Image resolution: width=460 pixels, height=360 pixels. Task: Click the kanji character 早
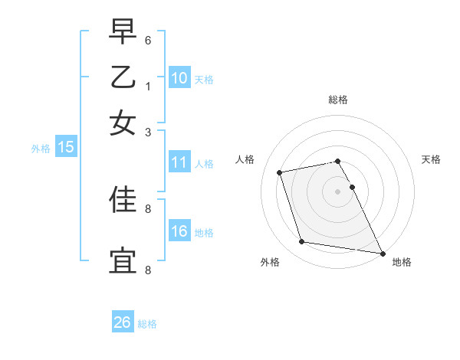point(123,31)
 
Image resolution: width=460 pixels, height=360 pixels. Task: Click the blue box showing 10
point(179,77)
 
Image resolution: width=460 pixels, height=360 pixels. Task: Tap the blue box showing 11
point(179,162)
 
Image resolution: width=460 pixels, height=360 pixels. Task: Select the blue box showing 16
point(179,231)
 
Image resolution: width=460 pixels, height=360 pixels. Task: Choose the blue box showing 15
point(66,148)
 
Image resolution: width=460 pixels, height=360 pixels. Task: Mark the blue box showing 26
point(122,322)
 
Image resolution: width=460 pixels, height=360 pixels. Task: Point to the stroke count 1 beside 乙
point(148,86)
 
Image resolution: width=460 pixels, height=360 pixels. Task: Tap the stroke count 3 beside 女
point(148,132)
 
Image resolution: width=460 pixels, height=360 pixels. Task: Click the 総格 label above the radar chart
point(337,100)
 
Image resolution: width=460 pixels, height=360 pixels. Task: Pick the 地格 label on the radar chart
point(402,262)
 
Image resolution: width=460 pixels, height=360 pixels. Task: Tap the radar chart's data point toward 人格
point(280,172)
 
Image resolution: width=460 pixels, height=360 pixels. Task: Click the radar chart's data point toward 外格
point(302,242)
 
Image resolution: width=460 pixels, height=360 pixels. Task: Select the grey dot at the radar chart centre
point(337,191)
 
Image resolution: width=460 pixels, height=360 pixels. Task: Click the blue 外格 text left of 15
point(40,149)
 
